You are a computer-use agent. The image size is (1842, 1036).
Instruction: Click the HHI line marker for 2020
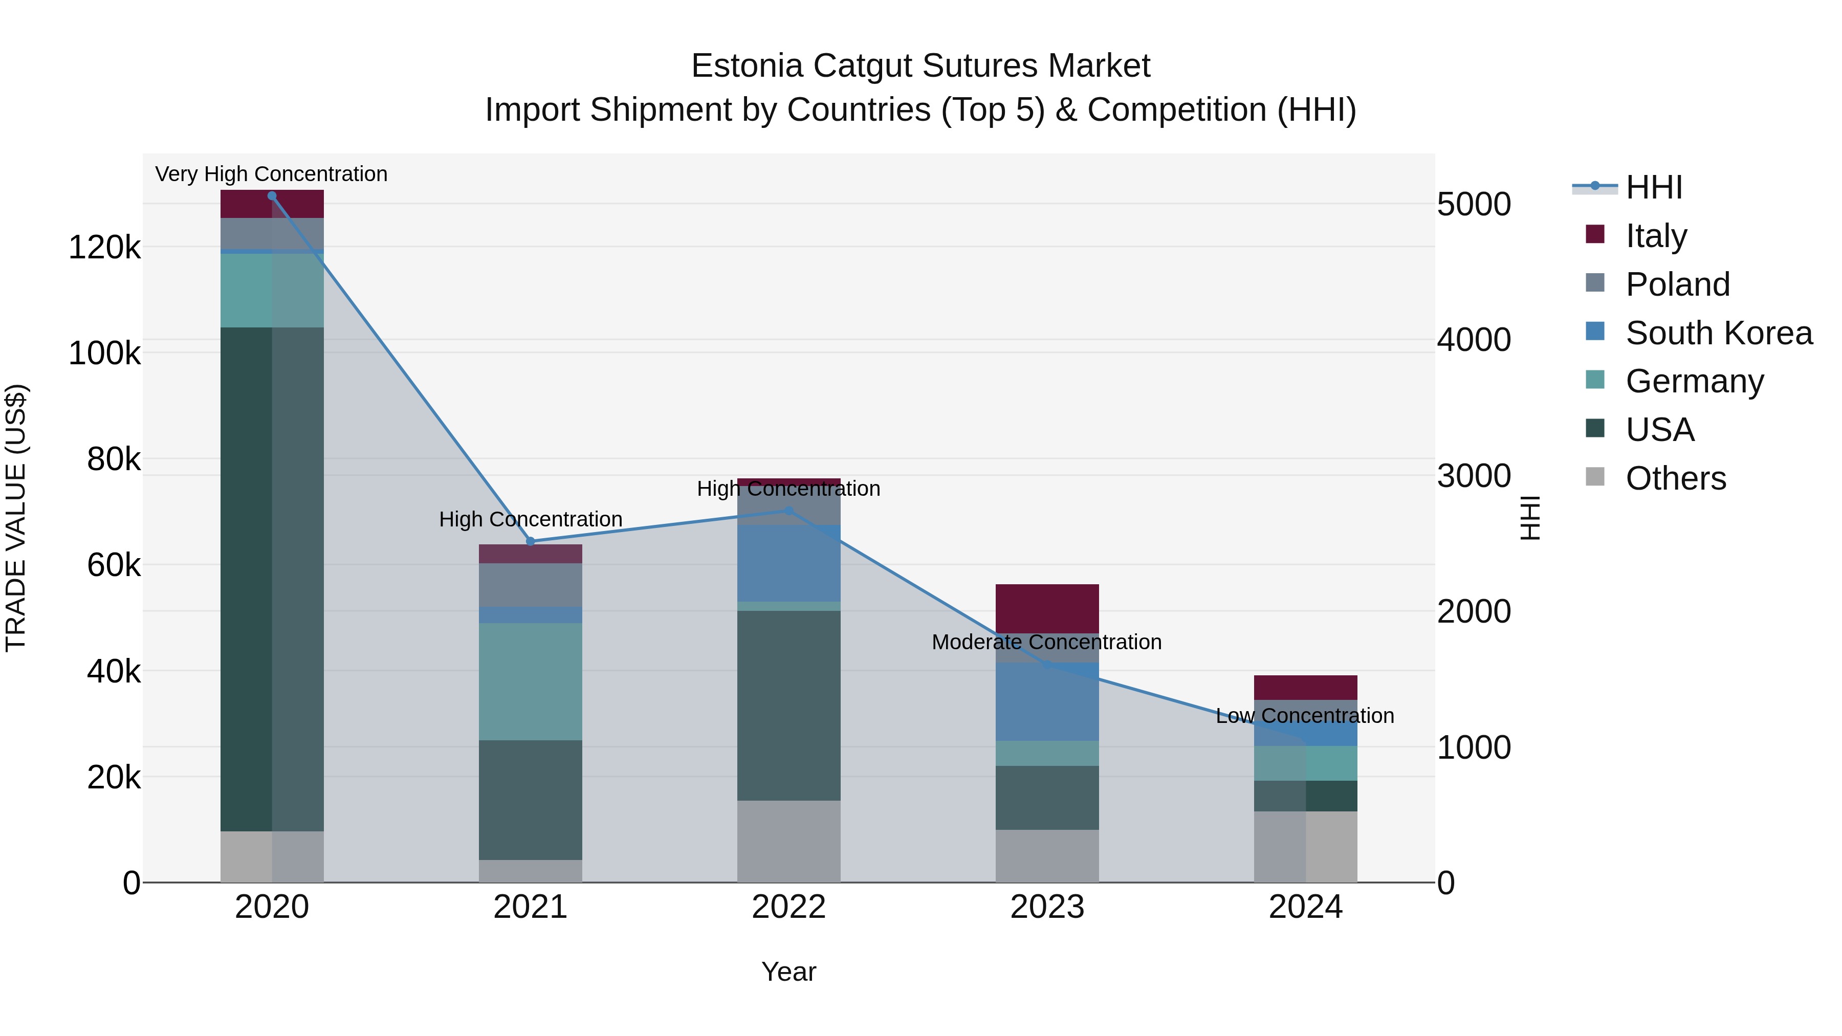(272, 196)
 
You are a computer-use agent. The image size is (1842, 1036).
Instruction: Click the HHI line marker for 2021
(531, 541)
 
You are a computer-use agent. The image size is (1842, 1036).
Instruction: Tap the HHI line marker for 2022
(788, 511)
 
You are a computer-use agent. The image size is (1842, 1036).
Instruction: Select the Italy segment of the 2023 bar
(1047, 608)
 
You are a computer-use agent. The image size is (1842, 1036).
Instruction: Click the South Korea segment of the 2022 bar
(788, 563)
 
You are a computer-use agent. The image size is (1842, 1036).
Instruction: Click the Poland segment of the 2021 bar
(531, 585)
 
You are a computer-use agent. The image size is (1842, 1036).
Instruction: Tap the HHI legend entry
(1653, 187)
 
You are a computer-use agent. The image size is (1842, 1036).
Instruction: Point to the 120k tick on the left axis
(104, 248)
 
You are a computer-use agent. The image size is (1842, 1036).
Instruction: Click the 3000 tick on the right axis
(1473, 476)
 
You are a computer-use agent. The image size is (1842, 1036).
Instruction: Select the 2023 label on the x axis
(1047, 907)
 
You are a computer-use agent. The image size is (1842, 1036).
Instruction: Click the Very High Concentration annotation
(271, 174)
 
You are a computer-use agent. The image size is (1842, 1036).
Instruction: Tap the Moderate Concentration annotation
(1046, 642)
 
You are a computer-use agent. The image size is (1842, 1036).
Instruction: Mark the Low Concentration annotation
(1304, 716)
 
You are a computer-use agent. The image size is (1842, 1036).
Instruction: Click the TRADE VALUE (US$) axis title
(16, 518)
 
